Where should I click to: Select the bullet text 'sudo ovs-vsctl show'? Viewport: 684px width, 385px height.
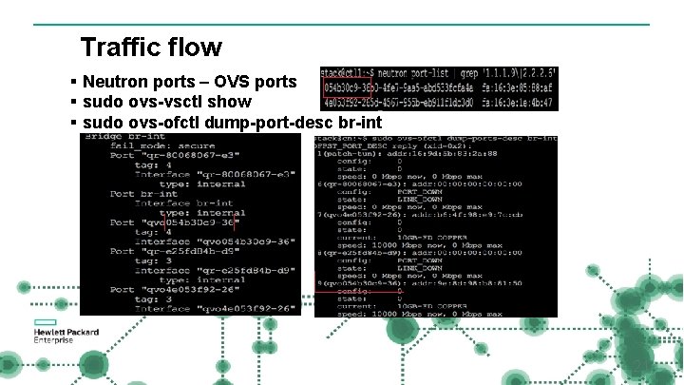pos(167,102)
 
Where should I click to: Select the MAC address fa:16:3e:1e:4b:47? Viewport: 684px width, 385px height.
pos(519,103)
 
